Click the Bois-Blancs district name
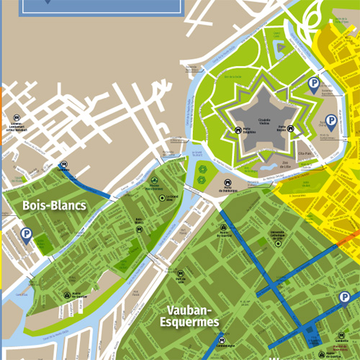pos(54,206)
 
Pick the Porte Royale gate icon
pos(292,130)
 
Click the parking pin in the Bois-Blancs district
pos(26,235)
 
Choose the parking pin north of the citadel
pos(313,85)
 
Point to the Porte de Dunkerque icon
pos(228,183)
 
